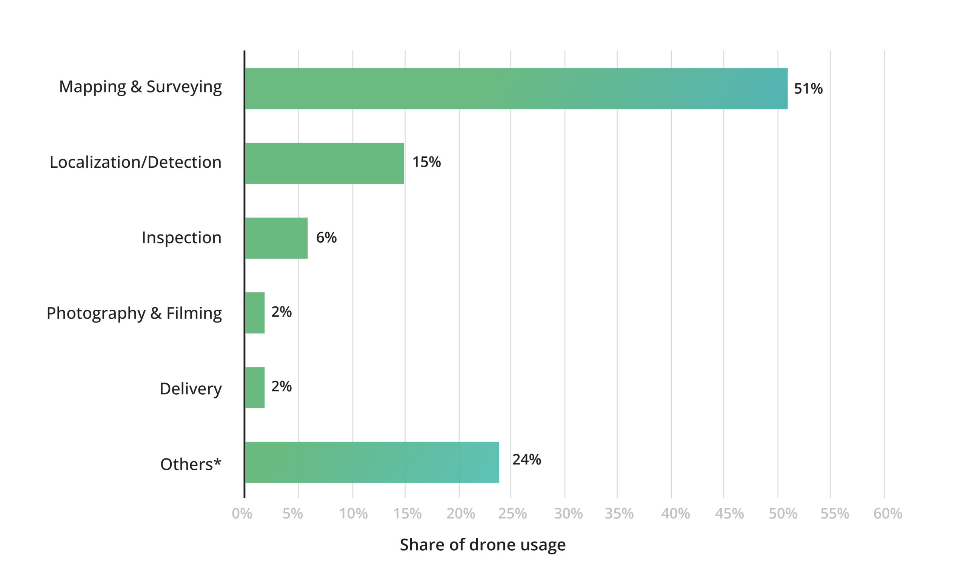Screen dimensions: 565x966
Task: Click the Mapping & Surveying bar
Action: pos(515,89)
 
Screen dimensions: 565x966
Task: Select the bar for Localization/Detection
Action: pos(324,164)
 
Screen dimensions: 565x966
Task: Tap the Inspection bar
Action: pos(276,238)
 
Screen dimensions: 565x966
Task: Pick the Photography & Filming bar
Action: pos(255,313)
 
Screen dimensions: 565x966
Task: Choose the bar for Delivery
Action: pos(255,387)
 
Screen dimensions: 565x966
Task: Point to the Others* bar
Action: pos(372,462)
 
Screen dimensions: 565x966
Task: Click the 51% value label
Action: pos(808,89)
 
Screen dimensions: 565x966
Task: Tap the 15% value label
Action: pos(426,162)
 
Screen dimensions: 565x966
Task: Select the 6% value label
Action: pos(326,238)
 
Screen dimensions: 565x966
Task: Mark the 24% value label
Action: pos(526,459)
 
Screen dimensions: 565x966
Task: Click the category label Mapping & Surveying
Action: pos(140,87)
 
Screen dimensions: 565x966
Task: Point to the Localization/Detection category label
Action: pos(136,162)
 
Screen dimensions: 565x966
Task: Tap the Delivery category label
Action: pos(191,389)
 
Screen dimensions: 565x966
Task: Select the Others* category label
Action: pos(191,464)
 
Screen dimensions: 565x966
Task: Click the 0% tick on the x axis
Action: pos(242,514)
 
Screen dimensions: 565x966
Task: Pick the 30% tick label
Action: pos(568,514)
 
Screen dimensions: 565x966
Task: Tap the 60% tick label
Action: pos(888,514)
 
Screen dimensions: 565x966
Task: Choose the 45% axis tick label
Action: pos(729,514)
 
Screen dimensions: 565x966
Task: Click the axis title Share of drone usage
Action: pos(483,545)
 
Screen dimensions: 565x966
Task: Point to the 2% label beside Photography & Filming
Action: pos(281,312)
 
